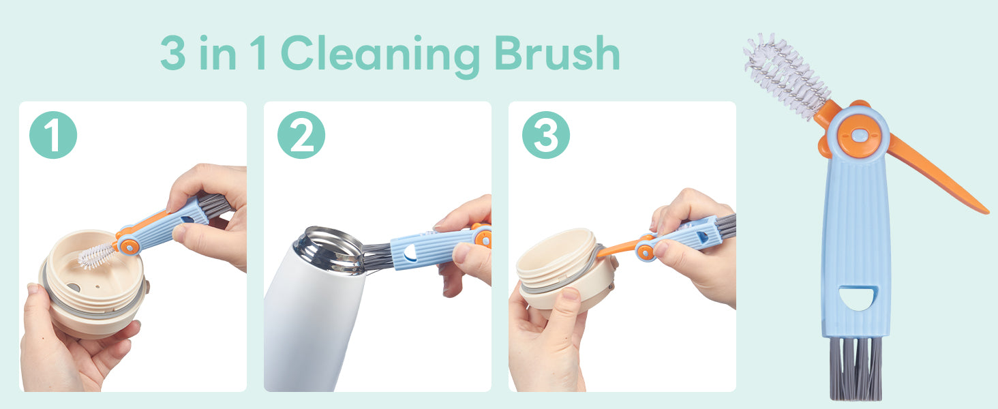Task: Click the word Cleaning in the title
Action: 380,55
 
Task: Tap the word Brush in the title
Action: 557,53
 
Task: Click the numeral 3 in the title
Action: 173,53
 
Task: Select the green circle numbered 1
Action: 53,135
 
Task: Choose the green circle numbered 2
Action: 301,135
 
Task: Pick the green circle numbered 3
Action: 546,135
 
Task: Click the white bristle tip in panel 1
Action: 96,256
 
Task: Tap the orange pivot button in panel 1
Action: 130,246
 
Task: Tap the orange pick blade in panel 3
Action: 617,249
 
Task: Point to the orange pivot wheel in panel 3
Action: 646,252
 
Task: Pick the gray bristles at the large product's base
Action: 856,367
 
